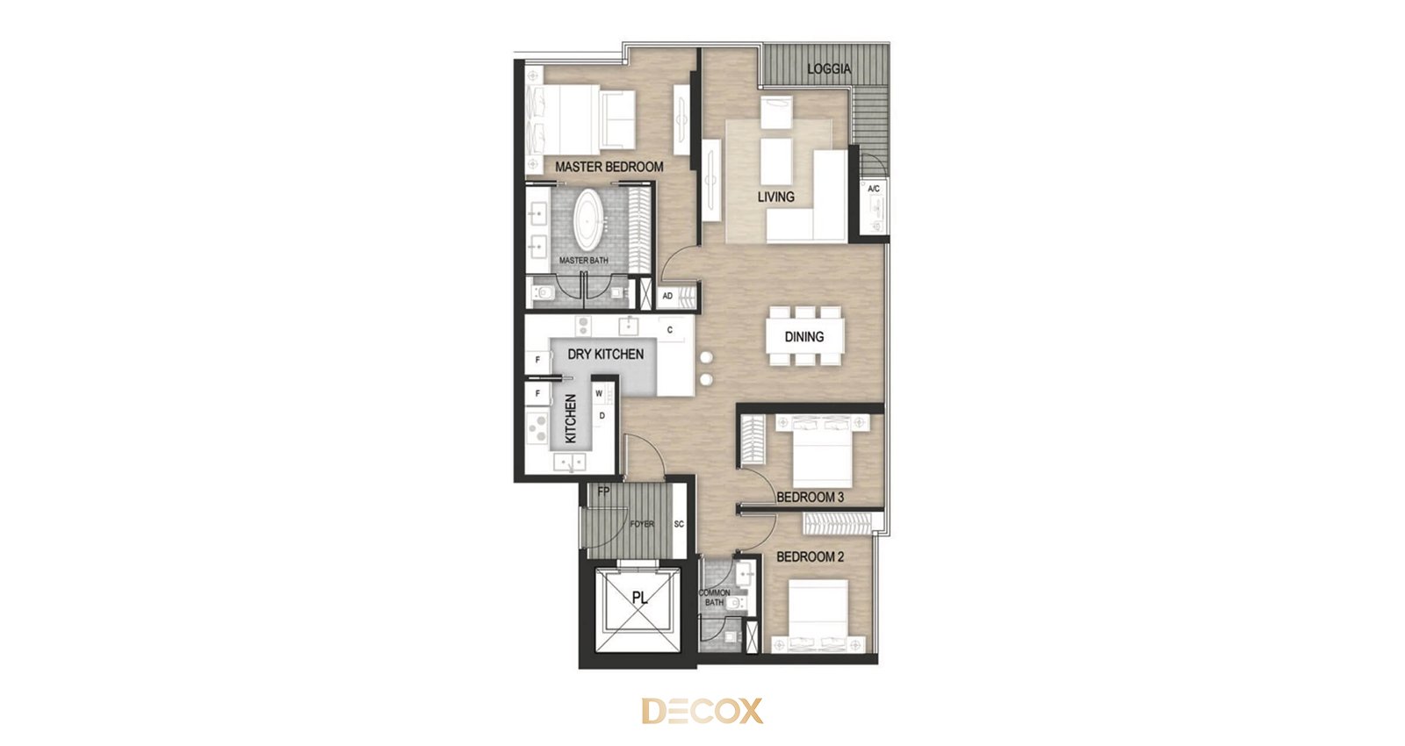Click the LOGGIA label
pos(829,69)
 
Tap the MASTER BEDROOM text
pos(609,167)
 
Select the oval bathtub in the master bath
pos(587,220)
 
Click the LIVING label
pos(776,197)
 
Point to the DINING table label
pos(804,337)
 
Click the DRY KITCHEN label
pos(605,355)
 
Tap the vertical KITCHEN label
pos(571,419)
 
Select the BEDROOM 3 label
pos(810,497)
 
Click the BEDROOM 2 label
pos(810,556)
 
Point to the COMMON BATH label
pos(715,598)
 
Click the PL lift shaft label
pos(639,598)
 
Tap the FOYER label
pos(642,524)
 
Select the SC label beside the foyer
pos(679,524)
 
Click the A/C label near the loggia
pos(873,189)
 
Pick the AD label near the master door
pos(667,296)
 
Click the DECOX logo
pos(702,711)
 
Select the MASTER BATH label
pos(583,260)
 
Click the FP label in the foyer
pos(603,491)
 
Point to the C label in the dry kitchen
pos(670,330)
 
